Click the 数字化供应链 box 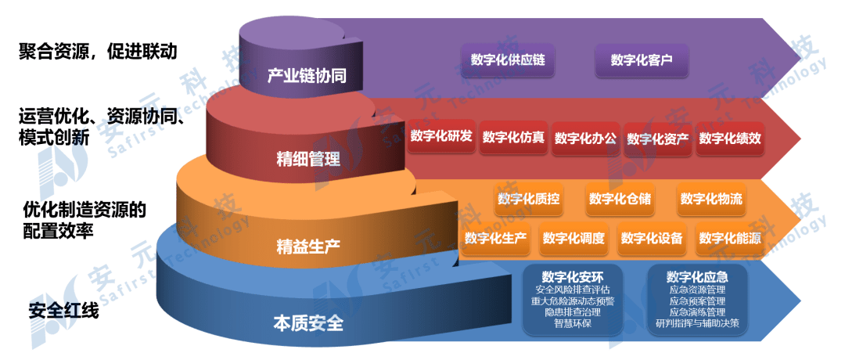[508, 59]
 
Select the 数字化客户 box [642, 59]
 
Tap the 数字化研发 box [440, 137]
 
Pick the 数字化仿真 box [513, 138]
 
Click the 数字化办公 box [585, 138]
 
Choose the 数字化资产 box [657, 139]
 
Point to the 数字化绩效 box [730, 138]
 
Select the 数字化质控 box [528, 199]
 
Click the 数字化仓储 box [620, 199]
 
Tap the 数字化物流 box [710, 199]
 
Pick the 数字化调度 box [574, 238]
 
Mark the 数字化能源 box [730, 238]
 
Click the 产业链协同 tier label [306, 76]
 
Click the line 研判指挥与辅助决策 [697, 323]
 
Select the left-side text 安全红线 [63, 311]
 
